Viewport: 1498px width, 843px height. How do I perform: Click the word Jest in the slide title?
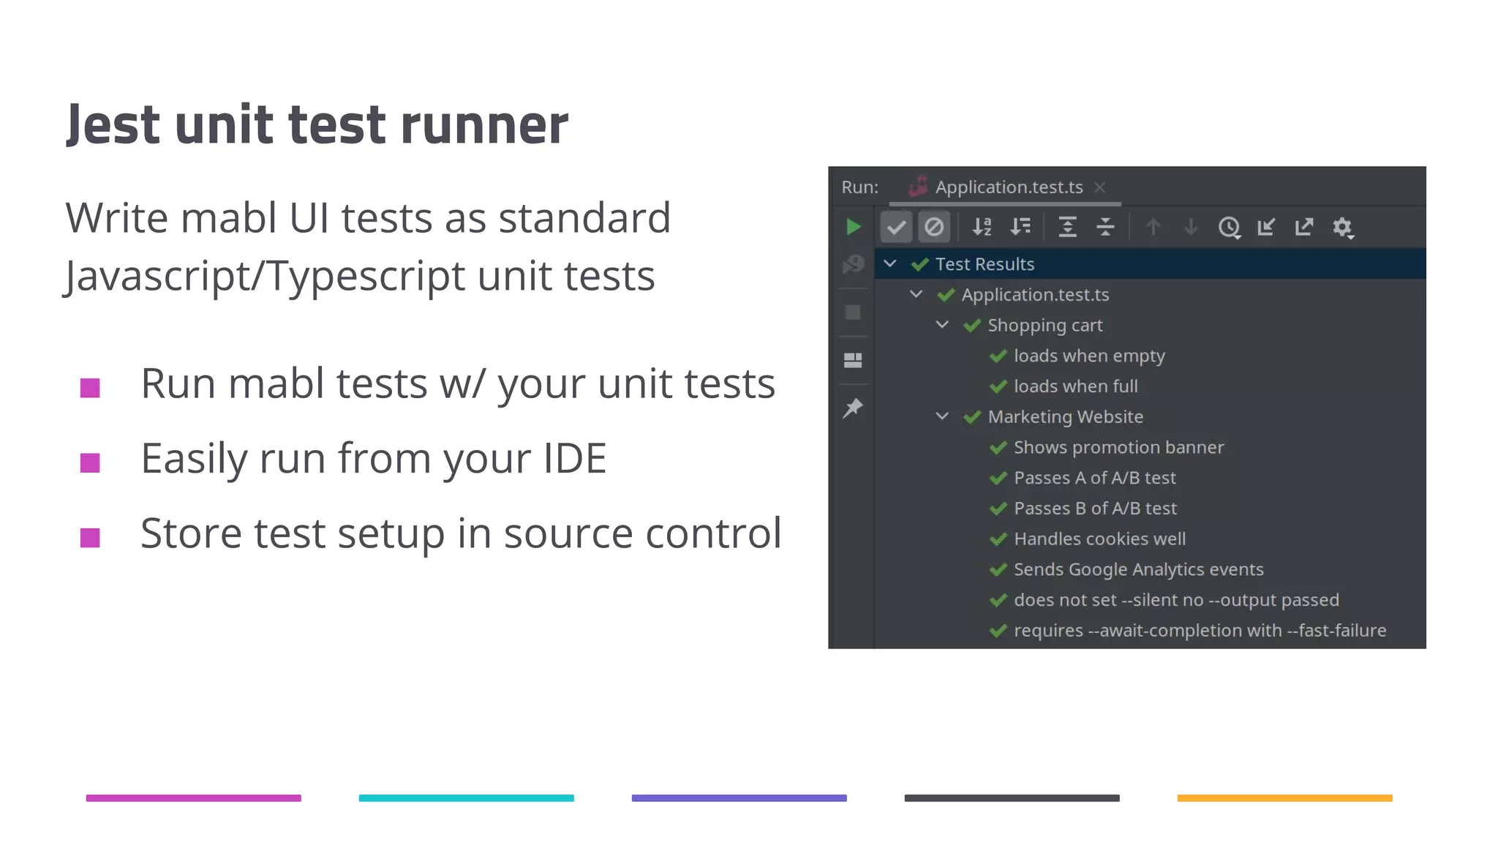click(113, 124)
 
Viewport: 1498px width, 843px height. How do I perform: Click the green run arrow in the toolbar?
click(853, 227)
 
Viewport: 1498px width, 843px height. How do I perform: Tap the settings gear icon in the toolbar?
click(1342, 227)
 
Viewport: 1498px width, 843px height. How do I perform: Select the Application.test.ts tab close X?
click(1099, 187)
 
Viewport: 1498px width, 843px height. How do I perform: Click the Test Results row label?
click(985, 264)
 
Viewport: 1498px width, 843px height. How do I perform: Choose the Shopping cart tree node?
click(1045, 325)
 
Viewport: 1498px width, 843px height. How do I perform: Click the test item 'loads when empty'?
click(1088, 356)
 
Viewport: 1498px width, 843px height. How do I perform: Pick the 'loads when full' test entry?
click(1075, 386)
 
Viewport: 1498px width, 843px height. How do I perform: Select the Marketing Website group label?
click(1065, 416)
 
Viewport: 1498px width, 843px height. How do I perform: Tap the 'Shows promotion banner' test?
click(1118, 447)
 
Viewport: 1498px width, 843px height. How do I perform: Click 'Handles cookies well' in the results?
click(1099, 539)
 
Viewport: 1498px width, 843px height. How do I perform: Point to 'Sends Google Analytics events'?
click(1138, 569)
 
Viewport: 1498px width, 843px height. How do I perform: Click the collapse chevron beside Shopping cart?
click(942, 325)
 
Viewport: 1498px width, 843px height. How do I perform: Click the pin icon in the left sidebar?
click(853, 408)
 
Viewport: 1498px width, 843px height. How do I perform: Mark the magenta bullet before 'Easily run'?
click(90, 463)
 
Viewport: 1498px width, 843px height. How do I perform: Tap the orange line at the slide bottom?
click(1284, 798)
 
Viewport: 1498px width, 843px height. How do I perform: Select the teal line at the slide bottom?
click(466, 798)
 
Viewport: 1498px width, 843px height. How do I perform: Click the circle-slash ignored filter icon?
click(934, 227)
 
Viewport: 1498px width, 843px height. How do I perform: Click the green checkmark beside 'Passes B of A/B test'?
click(998, 508)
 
